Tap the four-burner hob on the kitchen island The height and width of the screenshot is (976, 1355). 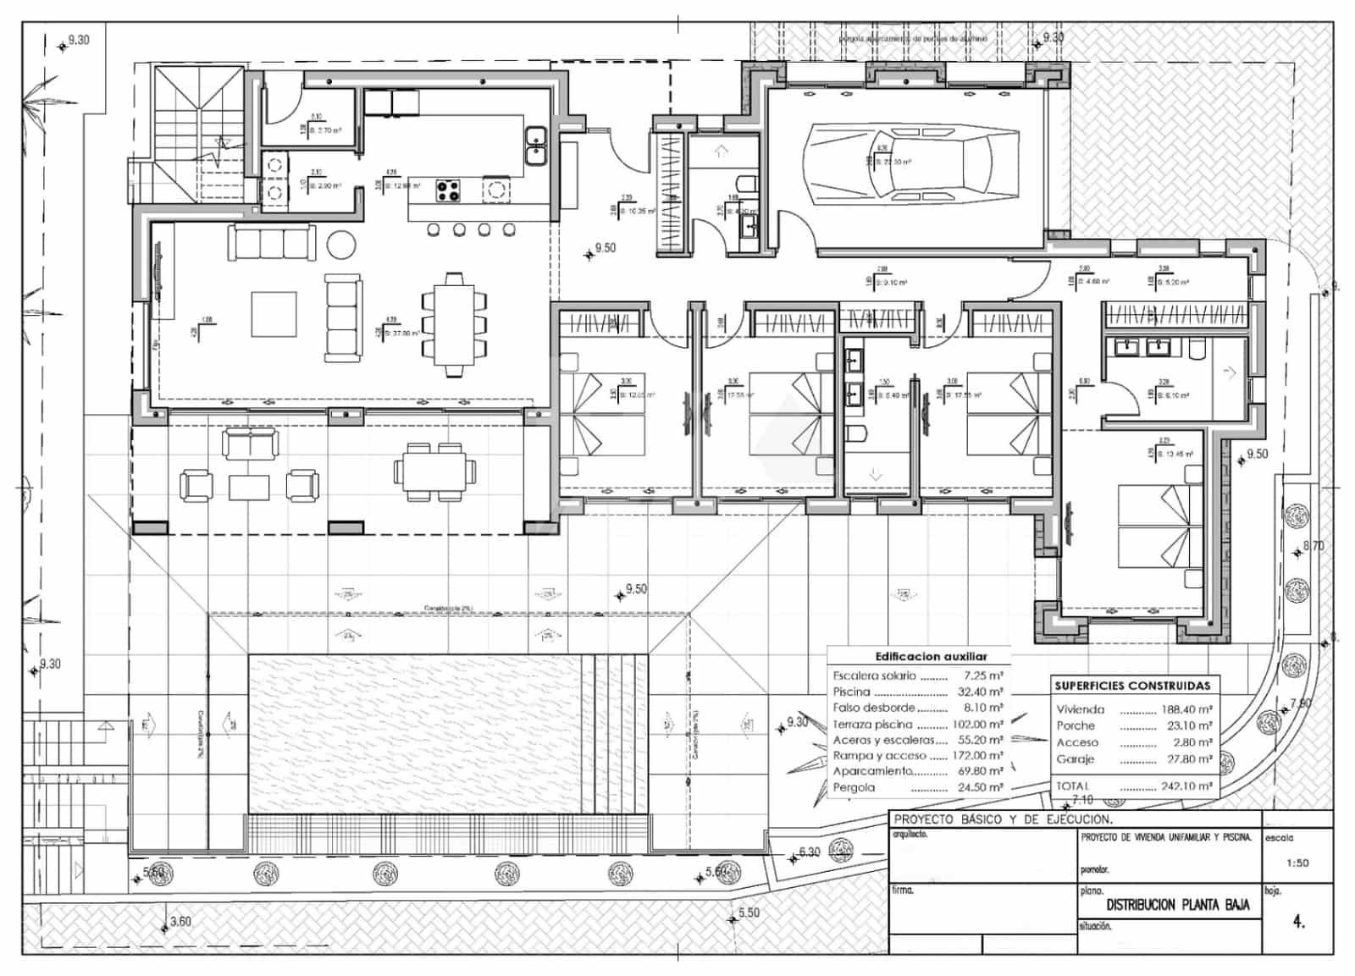pos(448,190)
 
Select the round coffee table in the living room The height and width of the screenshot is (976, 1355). pos(343,244)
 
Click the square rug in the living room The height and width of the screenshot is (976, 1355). pos(274,314)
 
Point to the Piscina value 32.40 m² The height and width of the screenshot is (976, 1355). pos(982,692)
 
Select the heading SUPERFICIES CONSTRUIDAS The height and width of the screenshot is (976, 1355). pos(1132,686)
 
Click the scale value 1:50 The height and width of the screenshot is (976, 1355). pos(1297,863)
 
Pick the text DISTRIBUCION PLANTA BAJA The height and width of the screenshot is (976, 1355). pos(1178,905)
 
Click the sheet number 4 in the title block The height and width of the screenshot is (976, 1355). pos(1298,922)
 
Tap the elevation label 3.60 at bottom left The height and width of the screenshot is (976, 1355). pos(180,921)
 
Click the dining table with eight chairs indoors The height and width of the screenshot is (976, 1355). pos(454,323)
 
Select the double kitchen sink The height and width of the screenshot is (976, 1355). pos(534,146)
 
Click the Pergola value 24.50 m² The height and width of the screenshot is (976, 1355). pos(982,787)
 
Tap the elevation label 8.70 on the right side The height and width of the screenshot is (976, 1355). pos(1313,546)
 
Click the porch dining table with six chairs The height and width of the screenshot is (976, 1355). pos(434,471)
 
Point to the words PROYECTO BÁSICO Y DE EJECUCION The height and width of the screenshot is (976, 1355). pos(1004,819)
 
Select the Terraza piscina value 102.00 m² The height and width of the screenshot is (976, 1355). pos(979,724)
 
